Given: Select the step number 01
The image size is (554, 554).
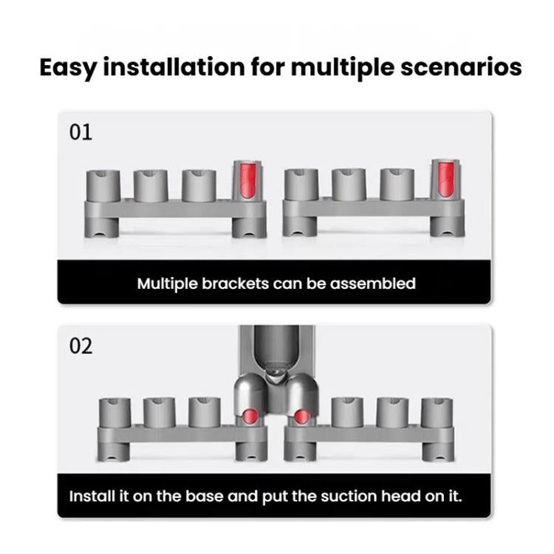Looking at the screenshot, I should pos(81,133).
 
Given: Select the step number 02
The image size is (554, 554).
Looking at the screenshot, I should pos(81,346).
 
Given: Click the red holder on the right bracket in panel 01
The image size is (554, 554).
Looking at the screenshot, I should pos(442,180).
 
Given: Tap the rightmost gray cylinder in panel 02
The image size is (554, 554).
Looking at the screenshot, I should pos(435,413).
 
